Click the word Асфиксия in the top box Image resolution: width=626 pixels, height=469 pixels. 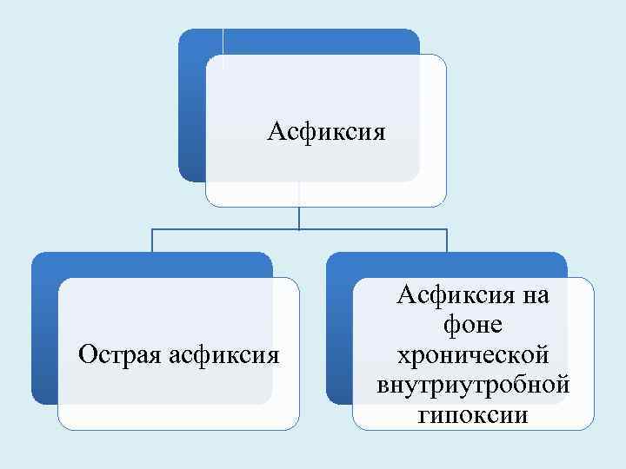click(x=326, y=133)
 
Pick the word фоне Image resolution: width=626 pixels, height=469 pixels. click(x=473, y=326)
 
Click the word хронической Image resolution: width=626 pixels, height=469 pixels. click(x=473, y=354)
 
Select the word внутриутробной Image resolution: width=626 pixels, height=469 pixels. click(x=473, y=384)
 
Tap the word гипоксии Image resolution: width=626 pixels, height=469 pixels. click(x=473, y=413)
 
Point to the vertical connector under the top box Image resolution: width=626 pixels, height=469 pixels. click(x=299, y=217)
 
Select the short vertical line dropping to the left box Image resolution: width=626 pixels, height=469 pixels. click(x=152, y=241)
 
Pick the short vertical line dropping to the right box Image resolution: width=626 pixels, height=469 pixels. click(x=447, y=241)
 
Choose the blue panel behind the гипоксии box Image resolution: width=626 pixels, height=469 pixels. click(x=339, y=330)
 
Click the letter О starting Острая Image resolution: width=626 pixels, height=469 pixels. click(x=86, y=353)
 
